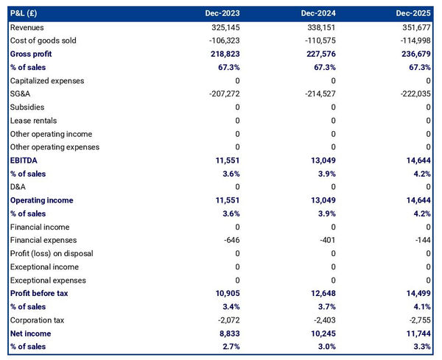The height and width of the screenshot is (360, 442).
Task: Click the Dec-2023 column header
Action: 223,13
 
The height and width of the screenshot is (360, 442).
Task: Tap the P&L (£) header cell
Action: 26,13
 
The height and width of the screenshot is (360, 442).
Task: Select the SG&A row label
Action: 21,93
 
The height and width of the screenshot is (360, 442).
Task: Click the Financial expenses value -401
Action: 325,240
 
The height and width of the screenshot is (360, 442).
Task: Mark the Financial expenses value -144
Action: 422,240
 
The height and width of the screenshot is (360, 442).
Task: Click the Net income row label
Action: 30,333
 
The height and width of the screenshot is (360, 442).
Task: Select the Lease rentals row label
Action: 33,120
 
